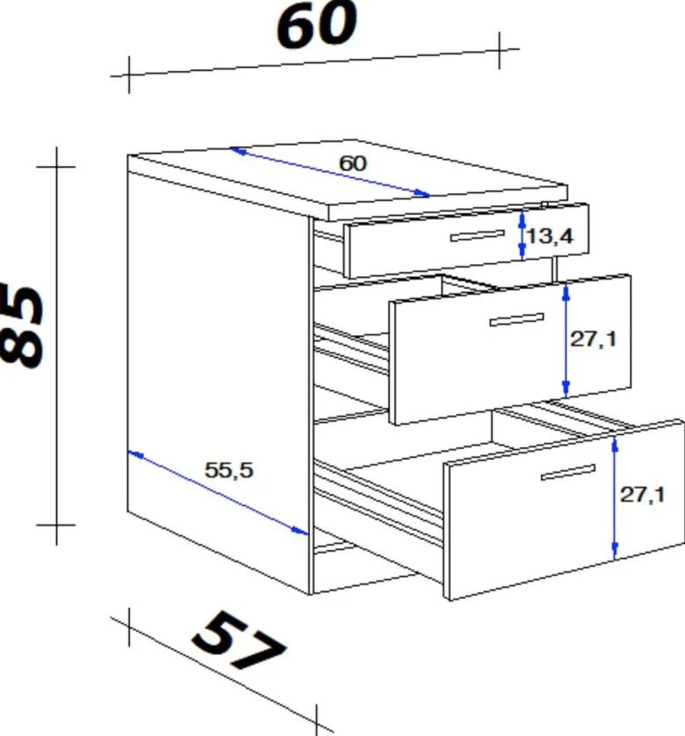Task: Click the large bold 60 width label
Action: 317,25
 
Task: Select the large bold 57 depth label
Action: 239,640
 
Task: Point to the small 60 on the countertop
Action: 353,163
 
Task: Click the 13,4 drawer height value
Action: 550,236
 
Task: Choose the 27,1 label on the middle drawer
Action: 594,339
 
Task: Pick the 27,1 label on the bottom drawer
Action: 643,495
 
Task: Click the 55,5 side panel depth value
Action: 229,470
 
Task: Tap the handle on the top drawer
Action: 478,236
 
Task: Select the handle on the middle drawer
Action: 516,319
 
